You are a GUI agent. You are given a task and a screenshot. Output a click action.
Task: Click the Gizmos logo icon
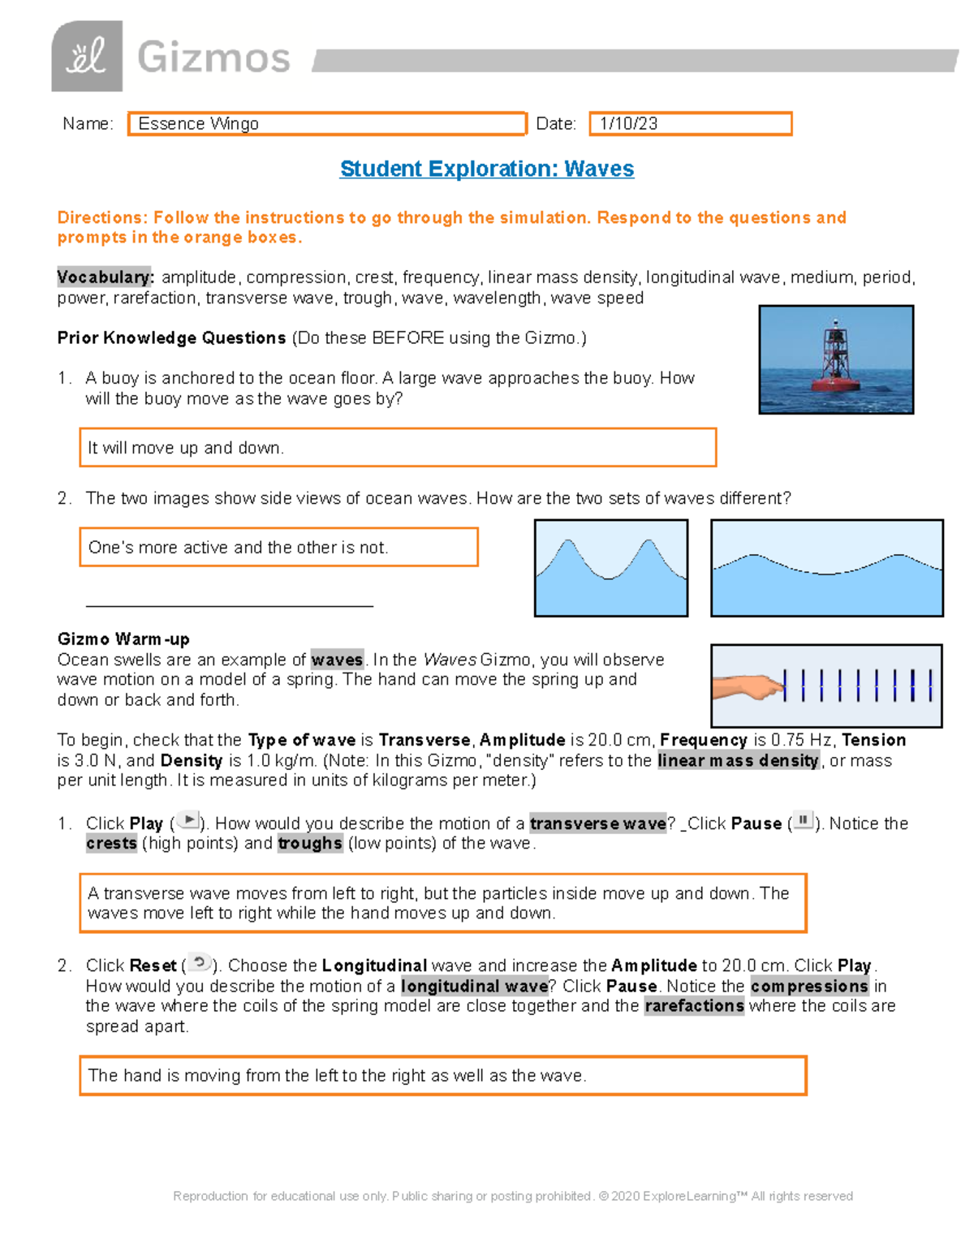87,57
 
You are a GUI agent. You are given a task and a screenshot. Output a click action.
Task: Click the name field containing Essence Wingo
327,123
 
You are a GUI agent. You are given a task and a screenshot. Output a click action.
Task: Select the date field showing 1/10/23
690,123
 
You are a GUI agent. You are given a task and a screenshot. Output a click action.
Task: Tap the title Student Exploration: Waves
487,169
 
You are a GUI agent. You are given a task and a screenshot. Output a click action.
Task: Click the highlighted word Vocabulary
105,277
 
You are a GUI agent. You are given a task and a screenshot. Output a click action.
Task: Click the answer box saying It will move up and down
398,448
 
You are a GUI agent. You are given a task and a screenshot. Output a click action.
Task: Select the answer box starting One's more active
278,548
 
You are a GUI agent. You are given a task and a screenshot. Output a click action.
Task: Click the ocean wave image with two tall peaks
611,568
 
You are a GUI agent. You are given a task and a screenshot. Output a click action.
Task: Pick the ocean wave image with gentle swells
826,568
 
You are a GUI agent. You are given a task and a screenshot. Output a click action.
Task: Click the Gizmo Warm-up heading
123,639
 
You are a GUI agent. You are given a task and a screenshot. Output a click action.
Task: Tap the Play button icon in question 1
188,820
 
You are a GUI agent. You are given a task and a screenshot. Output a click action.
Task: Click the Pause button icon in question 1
802,820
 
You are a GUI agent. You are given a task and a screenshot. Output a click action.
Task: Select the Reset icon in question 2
200,963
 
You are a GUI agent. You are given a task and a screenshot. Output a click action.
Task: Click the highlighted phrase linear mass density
738,761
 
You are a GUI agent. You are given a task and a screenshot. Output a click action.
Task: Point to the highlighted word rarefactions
694,1006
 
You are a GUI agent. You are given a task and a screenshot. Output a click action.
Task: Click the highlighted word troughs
310,844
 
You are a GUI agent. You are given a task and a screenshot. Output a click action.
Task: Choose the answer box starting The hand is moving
443,1076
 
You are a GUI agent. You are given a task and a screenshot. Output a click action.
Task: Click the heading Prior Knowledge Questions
171,338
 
